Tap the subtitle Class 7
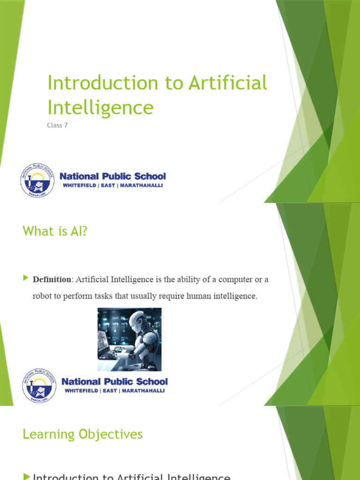[58, 126]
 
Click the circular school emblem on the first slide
[37, 180]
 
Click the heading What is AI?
[55, 231]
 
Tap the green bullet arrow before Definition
[26, 278]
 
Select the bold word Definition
[52, 279]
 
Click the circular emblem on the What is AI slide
[39, 385]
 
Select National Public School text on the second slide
[114, 382]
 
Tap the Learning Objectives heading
[82, 435]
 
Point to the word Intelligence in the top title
[100, 108]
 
